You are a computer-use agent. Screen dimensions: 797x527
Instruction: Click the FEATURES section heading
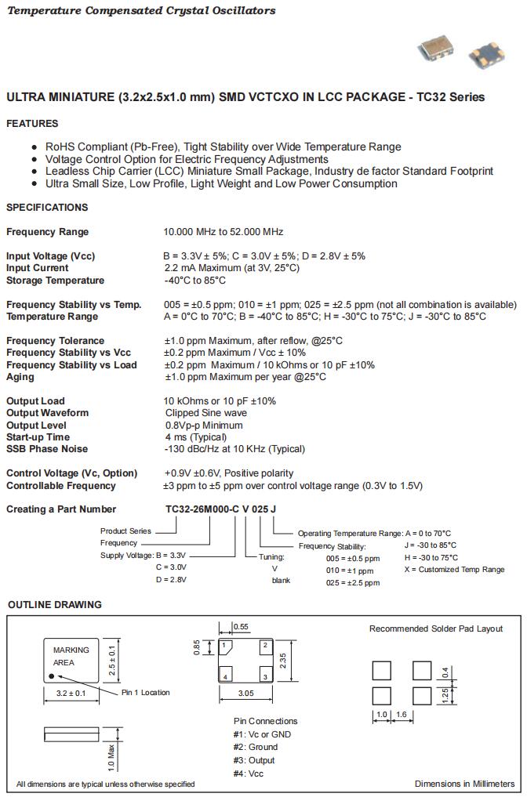(32, 124)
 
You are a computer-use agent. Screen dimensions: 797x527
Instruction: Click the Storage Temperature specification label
(55, 281)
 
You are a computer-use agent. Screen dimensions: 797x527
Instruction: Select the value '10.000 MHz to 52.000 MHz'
(224, 232)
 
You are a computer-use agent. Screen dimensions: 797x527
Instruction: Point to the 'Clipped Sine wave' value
(206, 413)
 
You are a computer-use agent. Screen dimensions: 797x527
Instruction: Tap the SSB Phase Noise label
(47, 449)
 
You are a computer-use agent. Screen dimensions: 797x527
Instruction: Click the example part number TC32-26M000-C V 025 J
(220, 509)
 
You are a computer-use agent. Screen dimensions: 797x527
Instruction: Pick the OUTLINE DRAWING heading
(55, 605)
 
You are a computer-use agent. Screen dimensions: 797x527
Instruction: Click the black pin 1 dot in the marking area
(51, 675)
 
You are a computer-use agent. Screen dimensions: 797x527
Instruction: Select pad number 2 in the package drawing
(265, 646)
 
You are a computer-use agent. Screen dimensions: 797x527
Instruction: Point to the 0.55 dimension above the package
(242, 627)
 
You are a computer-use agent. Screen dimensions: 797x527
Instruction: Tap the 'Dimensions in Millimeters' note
(464, 784)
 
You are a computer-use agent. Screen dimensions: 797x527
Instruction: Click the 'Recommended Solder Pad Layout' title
(436, 629)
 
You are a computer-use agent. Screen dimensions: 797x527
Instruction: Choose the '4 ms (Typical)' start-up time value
(196, 437)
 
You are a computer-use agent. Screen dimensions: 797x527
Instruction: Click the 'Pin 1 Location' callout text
(145, 693)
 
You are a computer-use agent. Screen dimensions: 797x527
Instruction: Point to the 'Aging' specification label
(20, 377)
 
